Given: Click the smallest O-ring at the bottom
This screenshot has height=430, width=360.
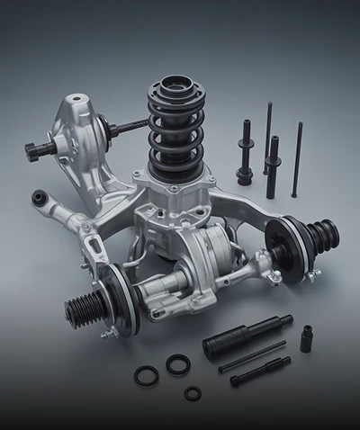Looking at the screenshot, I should pyautogui.click(x=193, y=393).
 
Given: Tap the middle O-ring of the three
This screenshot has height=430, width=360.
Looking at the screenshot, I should pyautogui.click(x=178, y=364).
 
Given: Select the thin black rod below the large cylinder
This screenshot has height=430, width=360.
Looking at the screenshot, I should pyautogui.click(x=251, y=357).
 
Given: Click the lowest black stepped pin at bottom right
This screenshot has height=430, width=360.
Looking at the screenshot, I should pyautogui.click(x=260, y=372).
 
